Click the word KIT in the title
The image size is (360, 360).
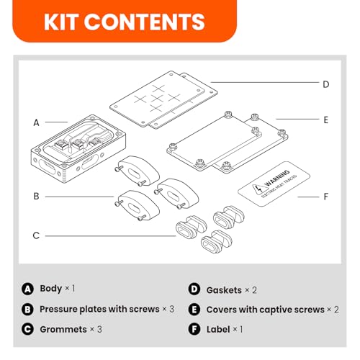click(62, 22)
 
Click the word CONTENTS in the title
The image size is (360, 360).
click(145, 22)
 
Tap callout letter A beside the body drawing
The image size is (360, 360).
click(36, 122)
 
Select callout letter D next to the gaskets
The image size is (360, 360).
click(325, 84)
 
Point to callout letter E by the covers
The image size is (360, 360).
click(325, 120)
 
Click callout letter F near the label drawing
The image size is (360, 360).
click(325, 197)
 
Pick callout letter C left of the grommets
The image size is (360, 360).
click(36, 235)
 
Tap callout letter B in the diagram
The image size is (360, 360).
click(36, 196)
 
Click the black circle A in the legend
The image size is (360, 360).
click(27, 289)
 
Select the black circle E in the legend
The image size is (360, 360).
click(194, 310)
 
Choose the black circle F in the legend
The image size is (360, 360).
click(194, 329)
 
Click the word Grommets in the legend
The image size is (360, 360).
click(63, 329)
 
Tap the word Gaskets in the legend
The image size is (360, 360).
click(224, 290)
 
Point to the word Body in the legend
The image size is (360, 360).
click(51, 289)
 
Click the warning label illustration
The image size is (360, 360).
click(274, 184)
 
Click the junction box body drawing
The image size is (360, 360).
click(78, 148)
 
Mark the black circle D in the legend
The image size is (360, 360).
click(194, 289)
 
